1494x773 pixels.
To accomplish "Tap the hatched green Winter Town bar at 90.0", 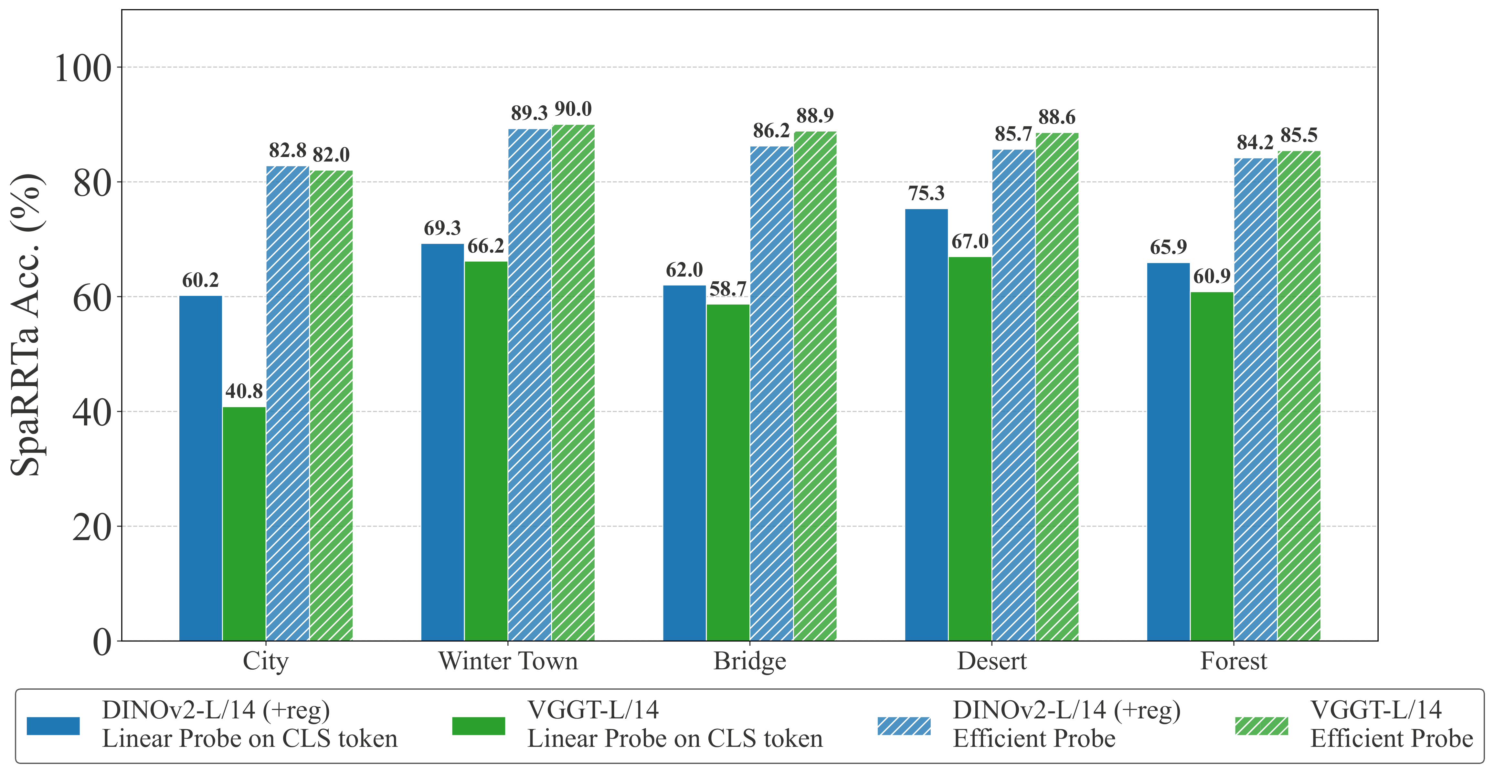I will coord(573,383).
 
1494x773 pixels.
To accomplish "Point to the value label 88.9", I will coord(815,116).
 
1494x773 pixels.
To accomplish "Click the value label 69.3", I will coord(442,228).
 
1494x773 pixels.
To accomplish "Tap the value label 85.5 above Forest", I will coord(1299,136).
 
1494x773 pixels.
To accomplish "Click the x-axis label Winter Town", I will coord(508,661).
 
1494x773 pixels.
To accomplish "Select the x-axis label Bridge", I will coord(750,661).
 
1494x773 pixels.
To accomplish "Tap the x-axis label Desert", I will coord(992,661).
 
